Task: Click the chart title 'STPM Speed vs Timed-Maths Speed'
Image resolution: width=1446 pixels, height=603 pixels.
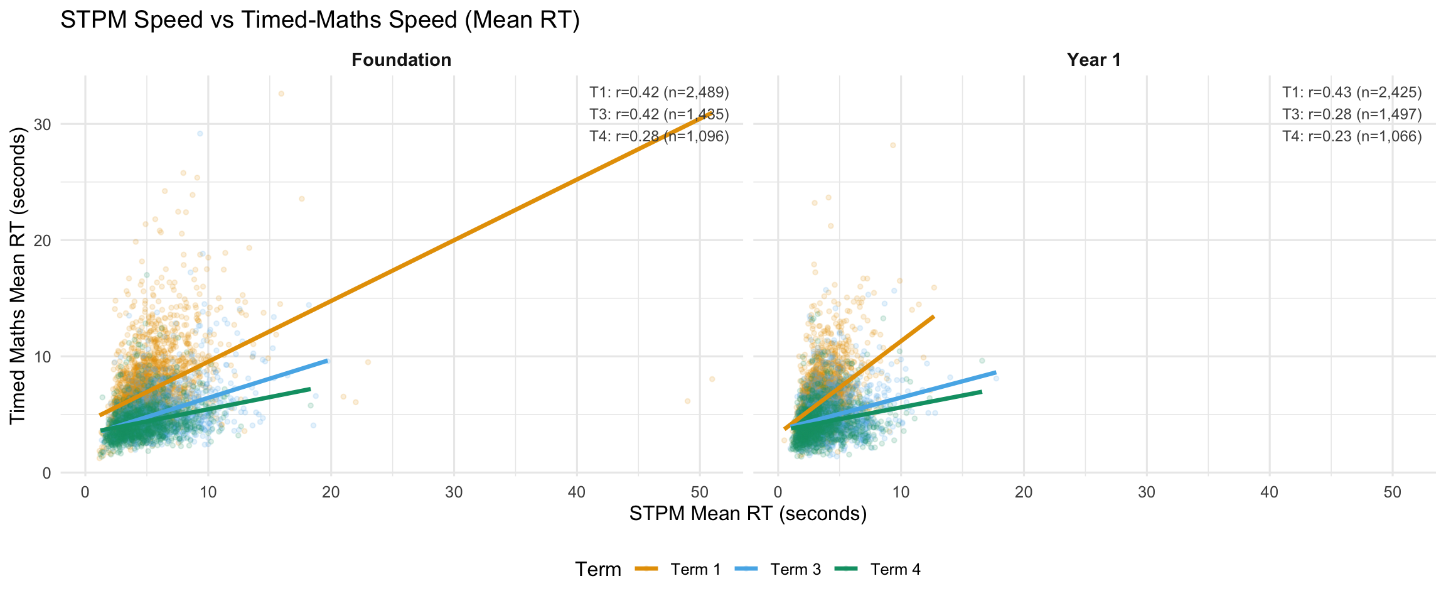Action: coord(319,20)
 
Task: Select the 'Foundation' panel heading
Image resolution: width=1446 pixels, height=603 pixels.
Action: coord(401,60)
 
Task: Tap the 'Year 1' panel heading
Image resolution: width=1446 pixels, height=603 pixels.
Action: coord(1093,60)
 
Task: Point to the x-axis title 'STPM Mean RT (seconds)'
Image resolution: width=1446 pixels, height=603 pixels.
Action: coord(747,514)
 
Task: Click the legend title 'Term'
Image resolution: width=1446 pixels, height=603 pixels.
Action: coord(597,570)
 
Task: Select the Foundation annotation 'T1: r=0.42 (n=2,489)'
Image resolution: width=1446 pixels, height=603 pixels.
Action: coord(659,93)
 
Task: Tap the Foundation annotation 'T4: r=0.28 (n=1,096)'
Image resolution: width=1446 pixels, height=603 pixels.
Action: coord(659,136)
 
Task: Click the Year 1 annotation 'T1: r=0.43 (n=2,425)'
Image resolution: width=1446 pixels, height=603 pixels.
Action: coord(1352,93)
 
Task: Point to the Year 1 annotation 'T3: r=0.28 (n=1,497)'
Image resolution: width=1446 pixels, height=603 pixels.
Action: coord(1352,114)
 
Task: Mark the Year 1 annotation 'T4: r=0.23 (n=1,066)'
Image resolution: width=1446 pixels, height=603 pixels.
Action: coord(1352,136)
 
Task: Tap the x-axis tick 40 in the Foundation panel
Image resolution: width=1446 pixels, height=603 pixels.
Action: coord(577,492)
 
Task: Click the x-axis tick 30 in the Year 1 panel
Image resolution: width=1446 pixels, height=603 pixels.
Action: coord(1147,492)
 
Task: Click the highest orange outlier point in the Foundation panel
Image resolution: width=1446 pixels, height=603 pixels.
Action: coord(281,94)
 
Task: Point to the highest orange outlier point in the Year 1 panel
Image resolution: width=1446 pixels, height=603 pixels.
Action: coord(892,145)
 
